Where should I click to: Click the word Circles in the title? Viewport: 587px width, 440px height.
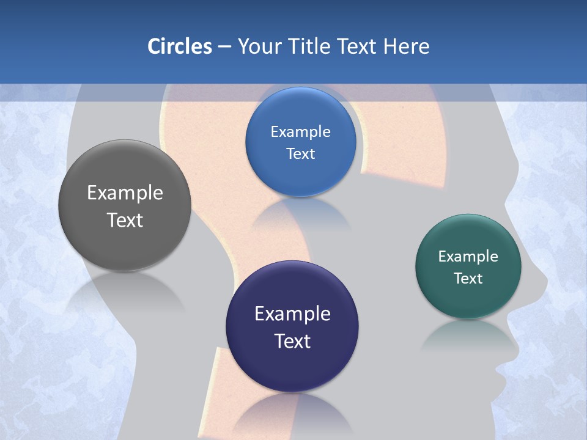click(180, 46)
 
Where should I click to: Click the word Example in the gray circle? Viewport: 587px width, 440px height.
click(125, 193)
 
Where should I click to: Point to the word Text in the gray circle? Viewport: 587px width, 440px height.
click(125, 220)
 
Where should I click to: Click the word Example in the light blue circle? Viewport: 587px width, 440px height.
click(300, 132)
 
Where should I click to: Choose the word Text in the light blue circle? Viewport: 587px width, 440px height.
click(300, 153)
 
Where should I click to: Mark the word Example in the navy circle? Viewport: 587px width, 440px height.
click(292, 314)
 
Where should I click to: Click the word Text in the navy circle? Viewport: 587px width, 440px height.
click(292, 341)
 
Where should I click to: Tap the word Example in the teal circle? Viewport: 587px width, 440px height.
click(468, 257)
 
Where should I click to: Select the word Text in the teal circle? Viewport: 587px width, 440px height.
click(468, 279)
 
